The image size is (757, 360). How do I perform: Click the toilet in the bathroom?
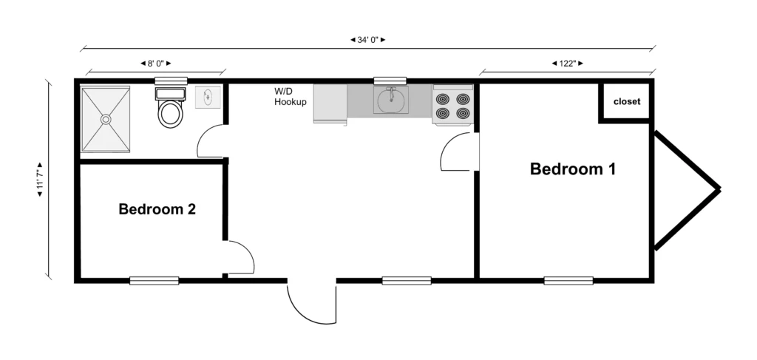170,108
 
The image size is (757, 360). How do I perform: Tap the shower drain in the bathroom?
106,119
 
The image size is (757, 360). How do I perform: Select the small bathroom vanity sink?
208,97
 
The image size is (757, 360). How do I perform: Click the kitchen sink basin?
390,101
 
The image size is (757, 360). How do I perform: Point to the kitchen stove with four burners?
453,105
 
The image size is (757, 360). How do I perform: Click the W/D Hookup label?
290,97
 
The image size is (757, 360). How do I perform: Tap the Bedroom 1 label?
573,169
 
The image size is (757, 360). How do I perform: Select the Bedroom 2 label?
157,209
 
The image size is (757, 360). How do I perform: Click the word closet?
627,102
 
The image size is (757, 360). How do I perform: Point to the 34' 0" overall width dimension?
368,40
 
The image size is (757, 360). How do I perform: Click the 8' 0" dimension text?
156,64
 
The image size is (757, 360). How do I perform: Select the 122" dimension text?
567,64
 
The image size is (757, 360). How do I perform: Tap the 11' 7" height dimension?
40,179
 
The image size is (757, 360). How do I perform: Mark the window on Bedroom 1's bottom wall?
568,280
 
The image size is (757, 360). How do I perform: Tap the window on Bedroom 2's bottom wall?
154,280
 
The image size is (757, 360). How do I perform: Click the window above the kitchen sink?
390,81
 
